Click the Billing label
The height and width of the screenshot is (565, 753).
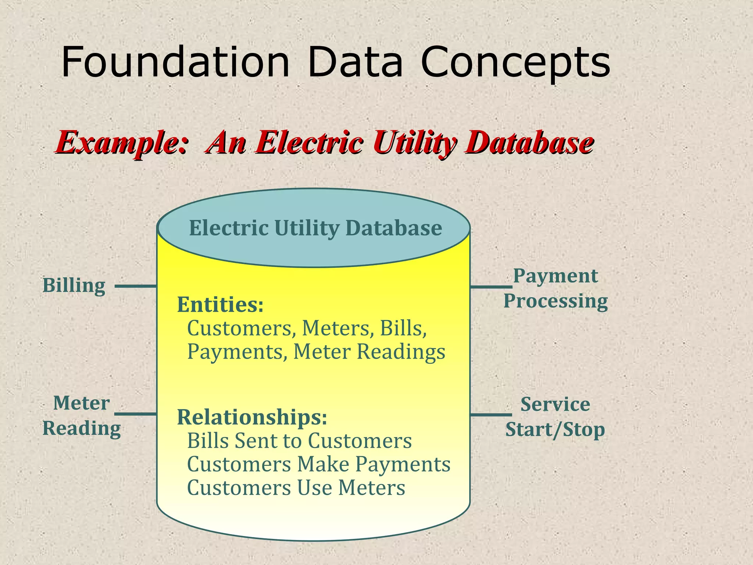coord(74,285)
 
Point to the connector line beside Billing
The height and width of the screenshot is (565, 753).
coord(136,286)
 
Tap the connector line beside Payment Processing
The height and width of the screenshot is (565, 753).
coord(491,287)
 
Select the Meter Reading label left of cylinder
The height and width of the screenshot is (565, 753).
coord(81,416)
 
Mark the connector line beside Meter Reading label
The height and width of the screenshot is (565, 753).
coord(136,414)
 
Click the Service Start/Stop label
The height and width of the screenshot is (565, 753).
coord(555,417)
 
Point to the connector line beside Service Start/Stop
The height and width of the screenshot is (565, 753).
coord(491,415)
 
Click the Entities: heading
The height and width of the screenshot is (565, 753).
coord(220,305)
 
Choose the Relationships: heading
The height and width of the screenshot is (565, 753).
coord(252,417)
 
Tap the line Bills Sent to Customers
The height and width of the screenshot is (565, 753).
coord(299,441)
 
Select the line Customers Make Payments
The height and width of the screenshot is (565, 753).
coord(318,464)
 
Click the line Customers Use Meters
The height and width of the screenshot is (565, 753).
coord(296,488)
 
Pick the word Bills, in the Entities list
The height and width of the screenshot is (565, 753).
coord(403,328)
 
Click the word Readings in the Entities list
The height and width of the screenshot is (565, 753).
coord(401,352)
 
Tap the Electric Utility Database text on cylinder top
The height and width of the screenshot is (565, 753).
coord(315,228)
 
